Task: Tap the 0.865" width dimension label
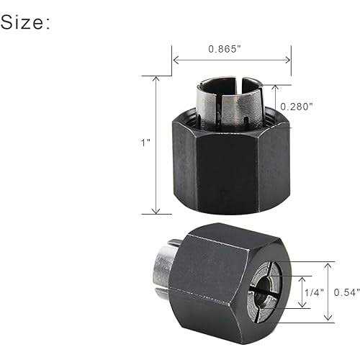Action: coord(225,49)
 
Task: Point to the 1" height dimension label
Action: coord(146,143)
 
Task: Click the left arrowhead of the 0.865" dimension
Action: coord(175,60)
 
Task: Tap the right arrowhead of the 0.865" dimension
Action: coord(289,60)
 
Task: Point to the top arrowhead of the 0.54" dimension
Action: coord(328,265)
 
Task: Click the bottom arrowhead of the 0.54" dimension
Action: coord(328,318)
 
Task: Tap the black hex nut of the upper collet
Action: coord(230,166)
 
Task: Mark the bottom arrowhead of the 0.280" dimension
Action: coord(276,123)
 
